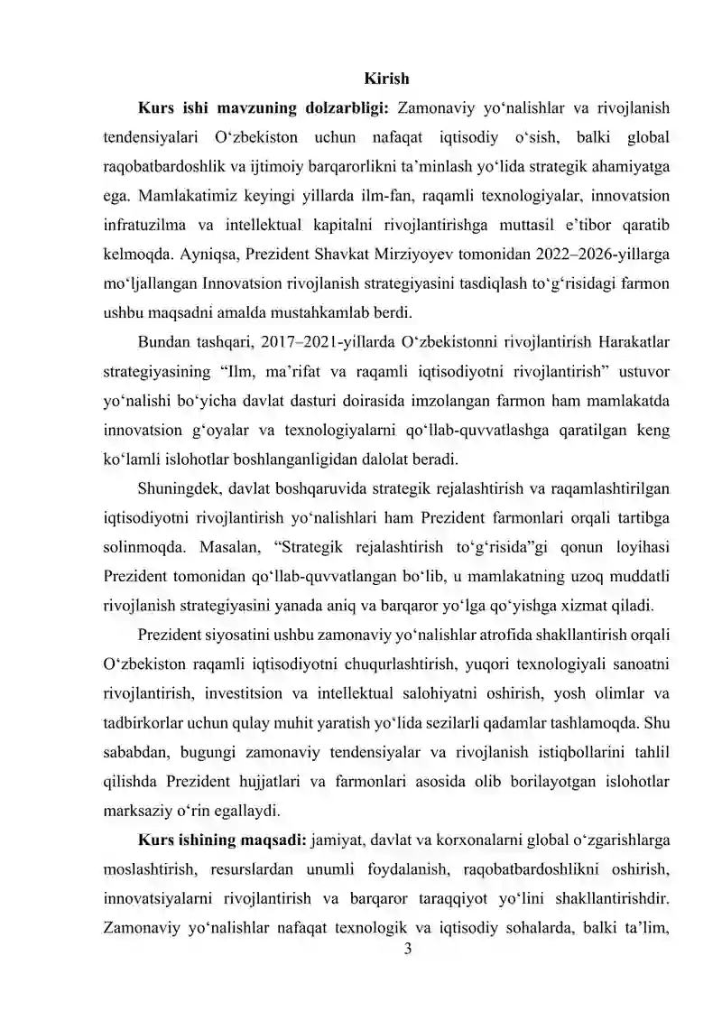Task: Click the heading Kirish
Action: pos(386,79)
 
